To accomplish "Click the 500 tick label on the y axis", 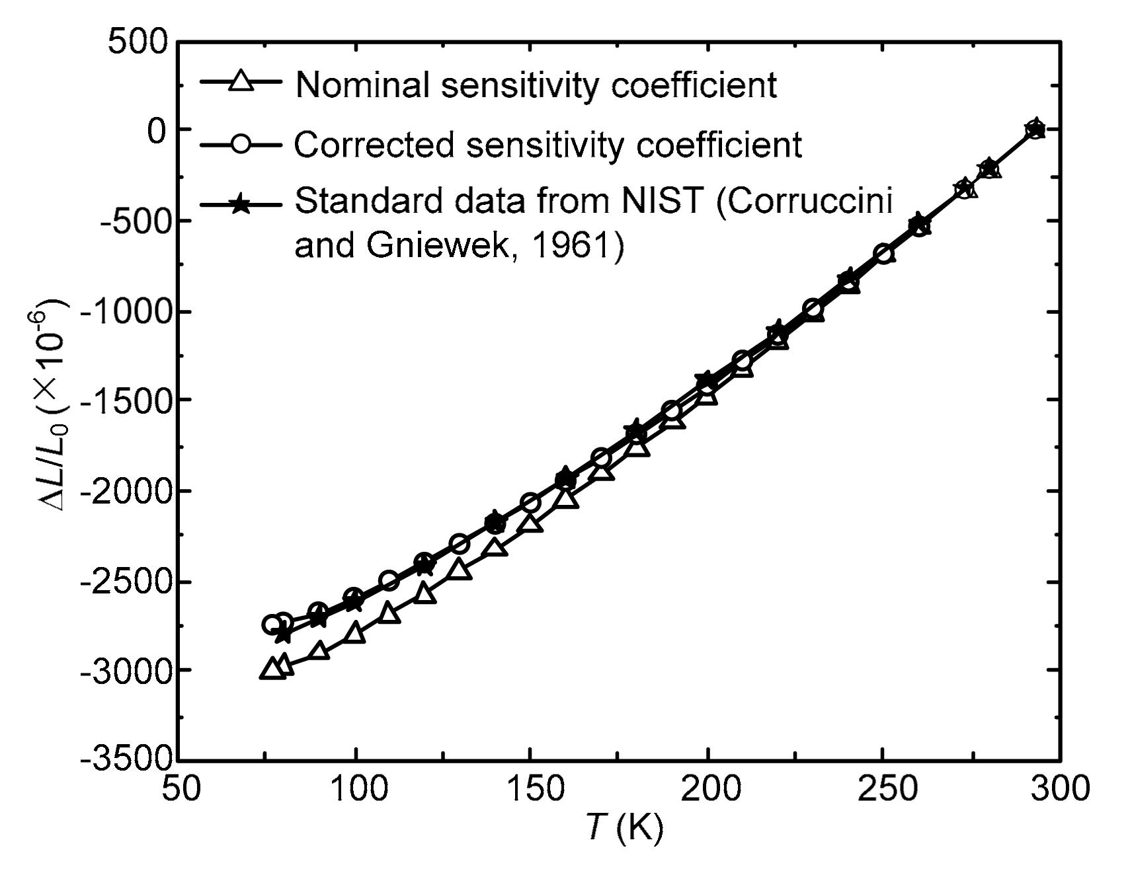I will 138,43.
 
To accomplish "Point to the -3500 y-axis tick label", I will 125,758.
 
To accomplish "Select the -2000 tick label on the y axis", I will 125,490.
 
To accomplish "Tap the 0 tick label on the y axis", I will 157,130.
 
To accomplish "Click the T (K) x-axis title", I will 624,827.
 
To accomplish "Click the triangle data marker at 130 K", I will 460,569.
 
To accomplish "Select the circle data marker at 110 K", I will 389,581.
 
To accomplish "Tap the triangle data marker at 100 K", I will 355,632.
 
